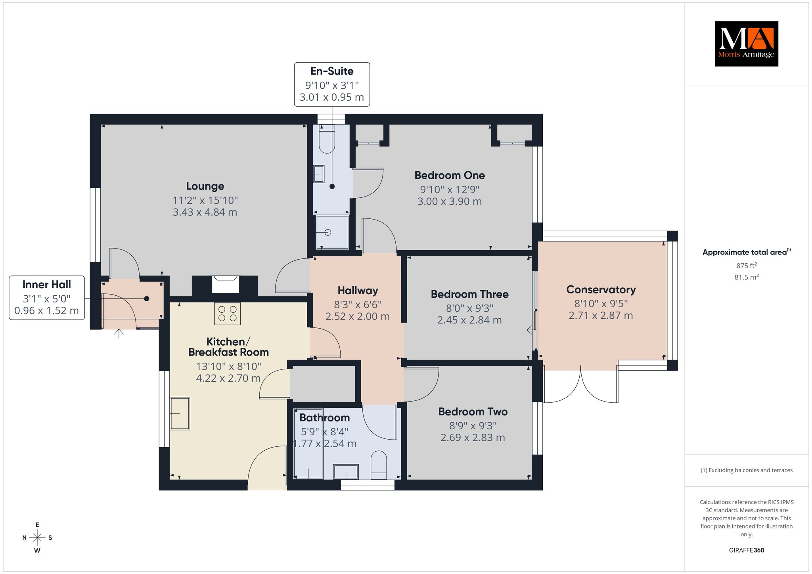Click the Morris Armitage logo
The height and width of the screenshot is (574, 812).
tap(746, 44)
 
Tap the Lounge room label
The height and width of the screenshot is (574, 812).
tap(205, 186)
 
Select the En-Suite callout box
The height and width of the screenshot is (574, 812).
tap(332, 84)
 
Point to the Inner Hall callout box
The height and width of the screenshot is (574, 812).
tap(47, 298)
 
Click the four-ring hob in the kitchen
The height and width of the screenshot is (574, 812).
tap(228, 314)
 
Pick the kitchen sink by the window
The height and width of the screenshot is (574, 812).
tap(180, 413)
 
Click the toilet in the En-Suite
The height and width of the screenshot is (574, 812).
tap(327, 139)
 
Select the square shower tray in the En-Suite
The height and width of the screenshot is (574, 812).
tap(332, 232)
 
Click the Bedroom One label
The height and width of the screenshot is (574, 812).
tap(450, 175)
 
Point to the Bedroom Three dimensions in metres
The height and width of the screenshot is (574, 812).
tap(469, 320)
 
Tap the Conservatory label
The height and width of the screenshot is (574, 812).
tap(601, 290)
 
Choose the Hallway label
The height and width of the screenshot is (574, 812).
tap(358, 291)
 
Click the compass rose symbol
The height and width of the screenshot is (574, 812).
tap(37, 538)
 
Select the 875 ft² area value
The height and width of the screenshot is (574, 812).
tap(747, 266)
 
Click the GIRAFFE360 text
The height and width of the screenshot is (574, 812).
tap(747, 550)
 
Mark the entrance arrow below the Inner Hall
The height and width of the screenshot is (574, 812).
tap(119, 333)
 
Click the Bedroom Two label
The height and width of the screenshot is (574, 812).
tap(473, 412)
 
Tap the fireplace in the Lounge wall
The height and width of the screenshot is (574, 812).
tap(226, 285)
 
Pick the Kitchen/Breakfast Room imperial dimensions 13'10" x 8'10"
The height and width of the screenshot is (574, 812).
tap(228, 366)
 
